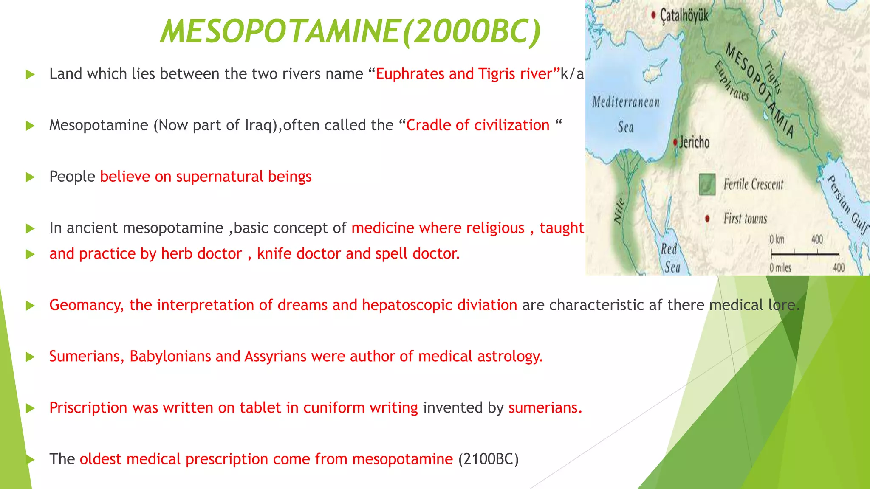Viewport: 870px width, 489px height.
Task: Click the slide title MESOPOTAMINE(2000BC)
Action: (350, 31)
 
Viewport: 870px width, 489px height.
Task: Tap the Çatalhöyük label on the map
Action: (684, 16)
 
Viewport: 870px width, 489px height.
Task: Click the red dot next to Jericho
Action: (675, 142)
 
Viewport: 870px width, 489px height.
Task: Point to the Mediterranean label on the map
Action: (626, 102)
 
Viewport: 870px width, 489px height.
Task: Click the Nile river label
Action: (619, 211)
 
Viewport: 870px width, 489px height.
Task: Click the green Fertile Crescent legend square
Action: (707, 184)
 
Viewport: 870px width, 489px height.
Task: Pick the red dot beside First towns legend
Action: (707, 219)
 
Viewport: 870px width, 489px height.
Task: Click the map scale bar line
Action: (805, 254)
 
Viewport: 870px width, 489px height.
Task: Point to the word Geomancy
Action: (86, 305)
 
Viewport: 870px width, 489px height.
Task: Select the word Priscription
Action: (88, 408)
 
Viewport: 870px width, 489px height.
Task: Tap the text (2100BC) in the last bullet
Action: (488, 459)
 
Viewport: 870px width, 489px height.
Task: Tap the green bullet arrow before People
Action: (30, 177)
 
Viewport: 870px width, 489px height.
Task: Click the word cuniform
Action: (334, 408)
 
